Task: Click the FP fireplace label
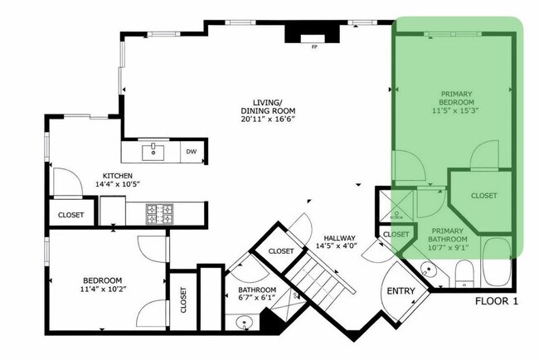pyautogui.click(x=314, y=47)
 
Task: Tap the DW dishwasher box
pyautogui.click(x=191, y=152)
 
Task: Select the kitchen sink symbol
pyautogui.click(x=153, y=152)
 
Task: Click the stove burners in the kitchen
pyautogui.click(x=160, y=214)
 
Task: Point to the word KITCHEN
pyautogui.click(x=119, y=176)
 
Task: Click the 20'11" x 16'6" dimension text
pyautogui.click(x=268, y=119)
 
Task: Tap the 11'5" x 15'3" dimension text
pyautogui.click(x=456, y=109)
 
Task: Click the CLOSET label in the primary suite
pyautogui.click(x=483, y=196)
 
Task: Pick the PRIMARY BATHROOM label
pyautogui.click(x=447, y=236)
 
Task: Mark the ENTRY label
pyautogui.click(x=401, y=291)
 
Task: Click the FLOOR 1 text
pyautogui.click(x=498, y=302)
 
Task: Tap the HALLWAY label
pyautogui.click(x=341, y=236)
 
